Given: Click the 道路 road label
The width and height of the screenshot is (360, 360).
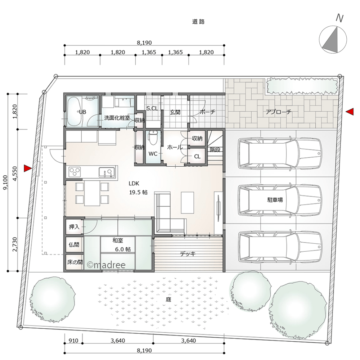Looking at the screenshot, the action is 198,22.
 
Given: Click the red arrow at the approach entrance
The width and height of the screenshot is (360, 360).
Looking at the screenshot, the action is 350,112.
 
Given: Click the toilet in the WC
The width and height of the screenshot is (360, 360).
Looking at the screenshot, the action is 152,137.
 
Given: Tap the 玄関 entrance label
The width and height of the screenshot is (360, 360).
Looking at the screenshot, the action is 175,112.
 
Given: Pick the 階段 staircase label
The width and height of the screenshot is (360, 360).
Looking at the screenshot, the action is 215,149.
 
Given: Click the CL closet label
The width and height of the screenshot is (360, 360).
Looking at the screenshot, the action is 197,157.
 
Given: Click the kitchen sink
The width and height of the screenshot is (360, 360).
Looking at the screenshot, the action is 107,172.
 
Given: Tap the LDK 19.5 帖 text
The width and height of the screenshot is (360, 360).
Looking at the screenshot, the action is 138,188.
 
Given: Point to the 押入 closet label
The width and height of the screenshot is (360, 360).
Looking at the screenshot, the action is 74,227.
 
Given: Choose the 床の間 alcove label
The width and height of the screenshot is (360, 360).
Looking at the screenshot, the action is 75,262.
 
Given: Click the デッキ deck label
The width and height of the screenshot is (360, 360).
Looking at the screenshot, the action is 188,254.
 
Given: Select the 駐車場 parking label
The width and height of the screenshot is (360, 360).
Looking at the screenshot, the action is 275,200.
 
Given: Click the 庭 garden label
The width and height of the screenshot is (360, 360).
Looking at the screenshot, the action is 168,300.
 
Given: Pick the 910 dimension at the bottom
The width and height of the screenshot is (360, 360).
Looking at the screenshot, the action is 73,341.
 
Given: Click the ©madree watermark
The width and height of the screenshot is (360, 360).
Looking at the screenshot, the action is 106,265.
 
